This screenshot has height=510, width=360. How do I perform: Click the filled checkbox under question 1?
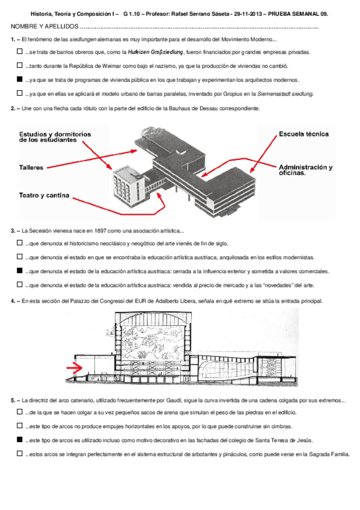point(20,79)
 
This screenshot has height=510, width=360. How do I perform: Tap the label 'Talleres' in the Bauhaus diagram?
point(31,168)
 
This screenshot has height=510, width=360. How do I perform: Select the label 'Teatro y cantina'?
point(44,195)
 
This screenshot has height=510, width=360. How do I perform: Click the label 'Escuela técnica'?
point(304,134)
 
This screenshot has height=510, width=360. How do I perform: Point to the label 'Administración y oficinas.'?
point(305,170)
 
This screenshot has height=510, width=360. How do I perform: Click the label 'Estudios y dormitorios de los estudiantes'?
point(55,137)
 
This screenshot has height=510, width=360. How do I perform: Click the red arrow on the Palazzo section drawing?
point(75,367)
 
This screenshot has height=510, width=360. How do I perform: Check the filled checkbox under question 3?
point(20,271)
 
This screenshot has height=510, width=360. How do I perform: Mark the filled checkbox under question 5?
point(20,440)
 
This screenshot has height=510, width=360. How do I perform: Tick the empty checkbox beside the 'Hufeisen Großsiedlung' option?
point(20,51)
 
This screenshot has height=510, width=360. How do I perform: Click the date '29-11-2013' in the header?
point(248,14)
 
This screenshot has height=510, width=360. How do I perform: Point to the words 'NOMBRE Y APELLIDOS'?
point(44,26)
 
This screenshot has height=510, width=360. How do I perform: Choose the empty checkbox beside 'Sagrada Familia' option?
point(20,453)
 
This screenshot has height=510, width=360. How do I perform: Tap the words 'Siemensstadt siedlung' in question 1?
point(285,94)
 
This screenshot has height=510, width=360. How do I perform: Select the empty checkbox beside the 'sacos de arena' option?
point(20,412)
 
